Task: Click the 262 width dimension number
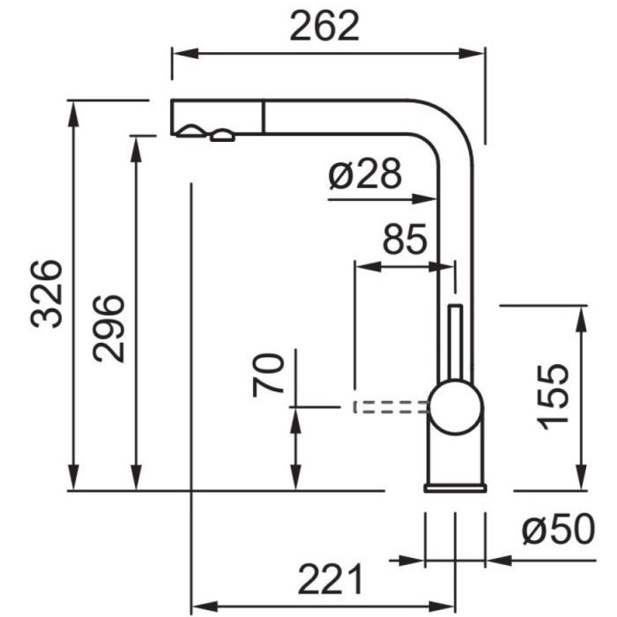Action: tap(324, 26)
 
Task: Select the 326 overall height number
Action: tap(47, 294)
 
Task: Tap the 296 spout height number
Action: tap(108, 328)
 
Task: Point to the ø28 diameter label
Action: tap(365, 174)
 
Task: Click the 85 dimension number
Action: tap(405, 239)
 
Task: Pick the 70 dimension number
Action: tap(268, 375)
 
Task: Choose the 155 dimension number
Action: tap(553, 397)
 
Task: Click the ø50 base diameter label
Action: tap(559, 530)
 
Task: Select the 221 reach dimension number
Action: tap(331, 579)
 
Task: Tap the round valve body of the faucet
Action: tap(456, 407)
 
